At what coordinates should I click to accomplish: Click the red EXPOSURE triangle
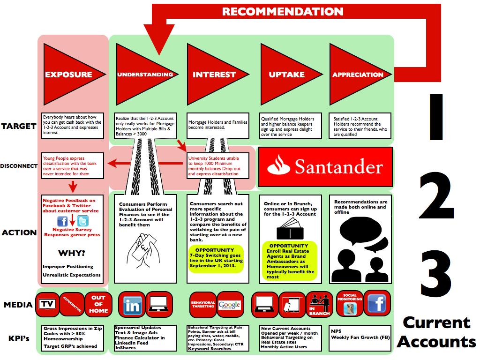tap(66, 74)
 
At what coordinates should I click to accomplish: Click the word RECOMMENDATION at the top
tap(283, 11)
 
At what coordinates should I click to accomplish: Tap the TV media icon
tap(47, 304)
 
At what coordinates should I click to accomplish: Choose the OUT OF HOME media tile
tap(98, 304)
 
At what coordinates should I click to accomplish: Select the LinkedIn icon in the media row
tap(132, 305)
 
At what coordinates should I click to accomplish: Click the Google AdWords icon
tap(229, 305)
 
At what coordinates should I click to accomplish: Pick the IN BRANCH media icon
tap(319, 305)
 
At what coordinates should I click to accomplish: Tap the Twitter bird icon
tap(82, 222)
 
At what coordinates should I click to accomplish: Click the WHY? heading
tap(71, 253)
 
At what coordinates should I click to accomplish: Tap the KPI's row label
tap(18, 337)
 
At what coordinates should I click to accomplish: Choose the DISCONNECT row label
tap(18, 166)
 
